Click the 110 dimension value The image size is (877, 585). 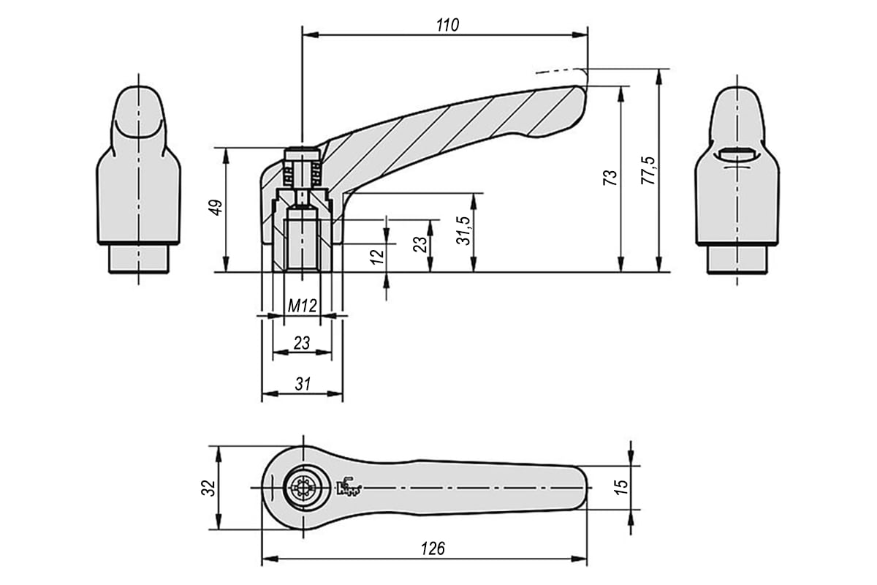pyautogui.click(x=447, y=25)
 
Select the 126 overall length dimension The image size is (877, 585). pyautogui.click(x=433, y=548)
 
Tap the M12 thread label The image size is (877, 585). pyautogui.click(x=302, y=306)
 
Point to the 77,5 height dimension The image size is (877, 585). pyautogui.click(x=648, y=170)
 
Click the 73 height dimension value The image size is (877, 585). pyautogui.click(x=610, y=178)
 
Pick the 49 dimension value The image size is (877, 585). pyautogui.click(x=216, y=207)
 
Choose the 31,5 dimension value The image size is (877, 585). pyautogui.click(x=464, y=230)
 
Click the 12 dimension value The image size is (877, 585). pyautogui.click(x=377, y=257)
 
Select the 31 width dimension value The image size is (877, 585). pyautogui.click(x=303, y=384)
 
